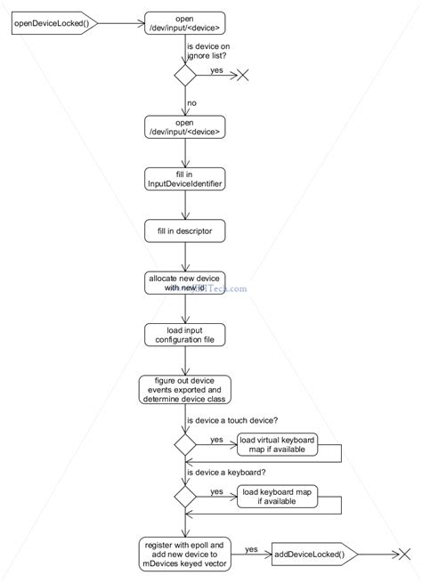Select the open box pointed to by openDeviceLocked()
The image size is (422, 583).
coord(185,23)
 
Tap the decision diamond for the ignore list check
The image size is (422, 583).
coord(185,76)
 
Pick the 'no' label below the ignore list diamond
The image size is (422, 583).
coord(191,103)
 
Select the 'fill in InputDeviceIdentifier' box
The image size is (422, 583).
coord(185,178)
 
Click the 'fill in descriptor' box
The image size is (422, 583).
coord(185,231)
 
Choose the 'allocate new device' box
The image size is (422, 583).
coord(185,283)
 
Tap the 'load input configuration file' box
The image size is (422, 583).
coord(185,335)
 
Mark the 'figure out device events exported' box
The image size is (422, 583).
coord(185,389)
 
